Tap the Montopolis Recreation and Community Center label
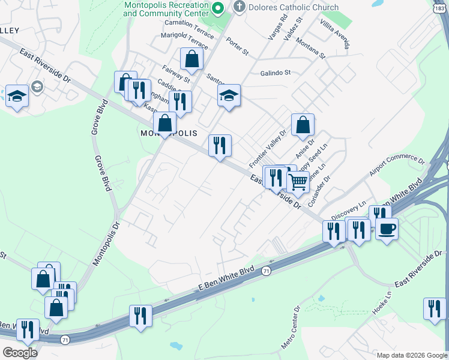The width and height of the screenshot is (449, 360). click(166, 8)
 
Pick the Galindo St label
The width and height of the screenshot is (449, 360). click(275, 73)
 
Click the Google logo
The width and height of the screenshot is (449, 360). click(20, 353)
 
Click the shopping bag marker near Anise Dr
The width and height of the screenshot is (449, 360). click(303, 125)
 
